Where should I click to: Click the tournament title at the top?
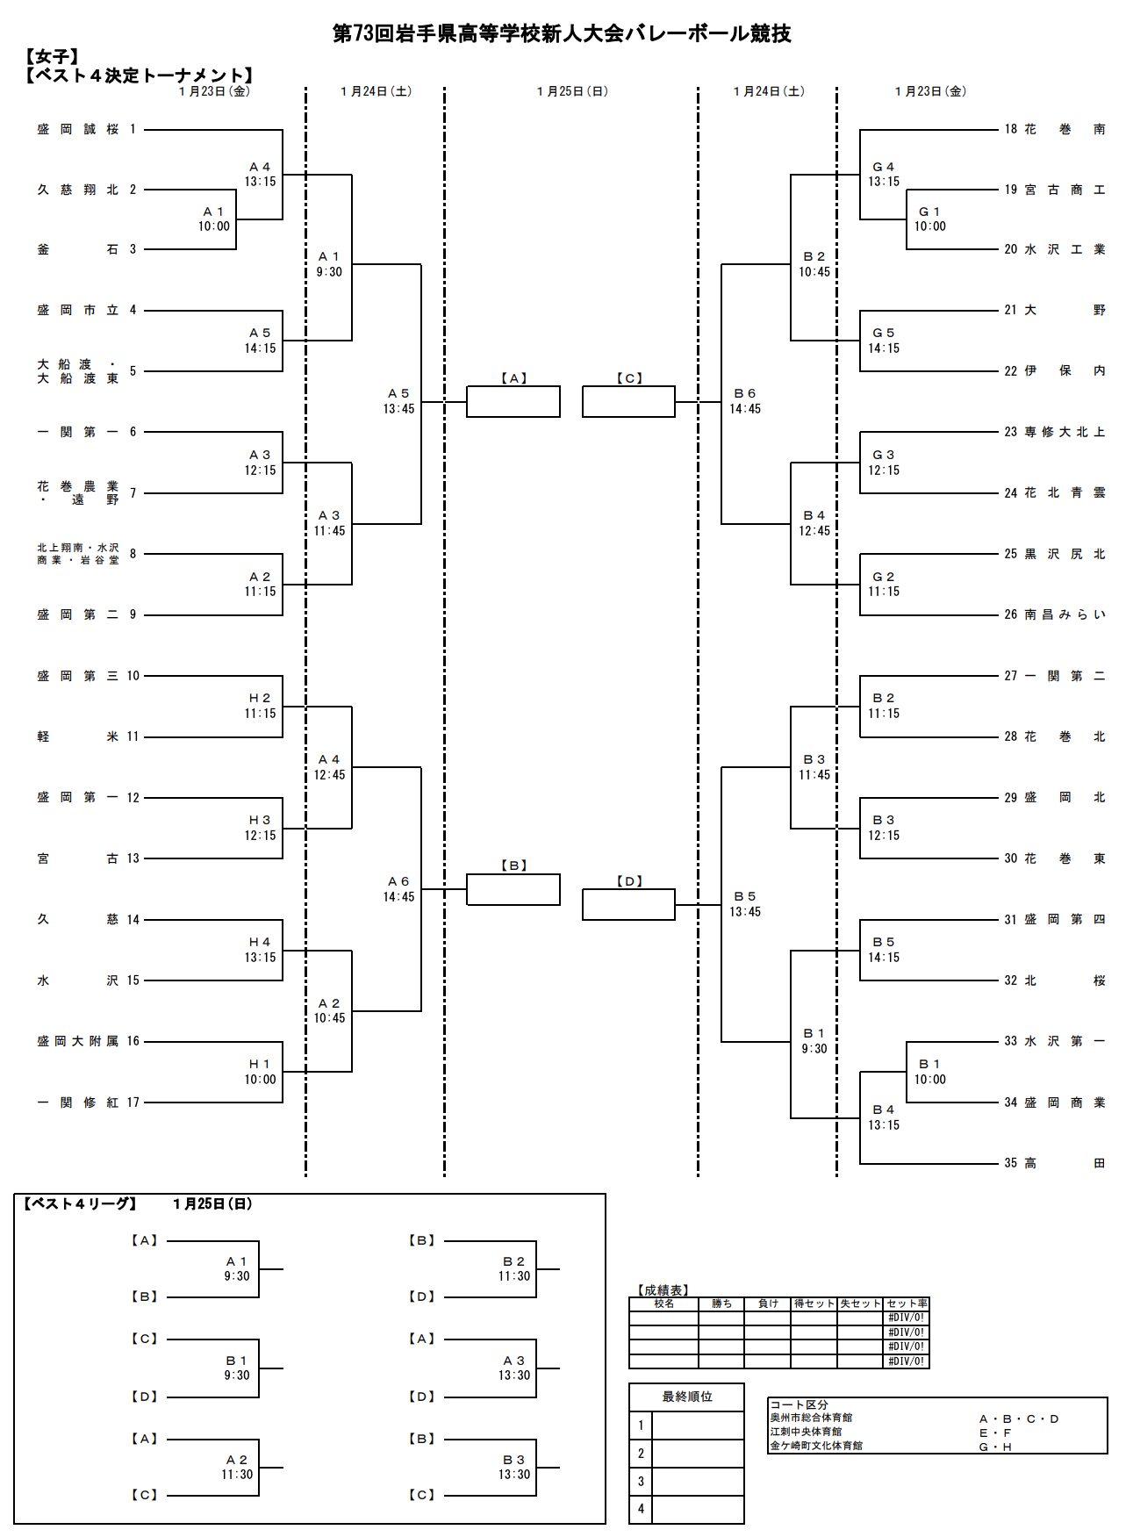pyautogui.click(x=562, y=33)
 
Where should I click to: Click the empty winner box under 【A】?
pyautogui.click(x=513, y=402)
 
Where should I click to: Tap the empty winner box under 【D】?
pyautogui.click(x=628, y=905)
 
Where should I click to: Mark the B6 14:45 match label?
pyautogui.click(x=745, y=401)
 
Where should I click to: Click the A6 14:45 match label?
pyautogui.click(x=398, y=889)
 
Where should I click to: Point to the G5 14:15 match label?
pyautogui.click(x=883, y=341)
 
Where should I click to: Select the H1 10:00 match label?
pyautogui.click(x=260, y=1072)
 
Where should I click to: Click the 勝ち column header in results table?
pyautogui.click(x=721, y=1304)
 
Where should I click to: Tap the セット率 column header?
pyautogui.click(x=907, y=1304)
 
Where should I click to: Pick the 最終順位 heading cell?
pyautogui.click(x=686, y=1397)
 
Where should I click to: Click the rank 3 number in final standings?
pyautogui.click(x=641, y=1482)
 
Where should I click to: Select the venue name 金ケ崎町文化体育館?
pyautogui.click(x=816, y=1445)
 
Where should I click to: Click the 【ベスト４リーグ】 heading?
pyautogui.click(x=79, y=1204)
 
